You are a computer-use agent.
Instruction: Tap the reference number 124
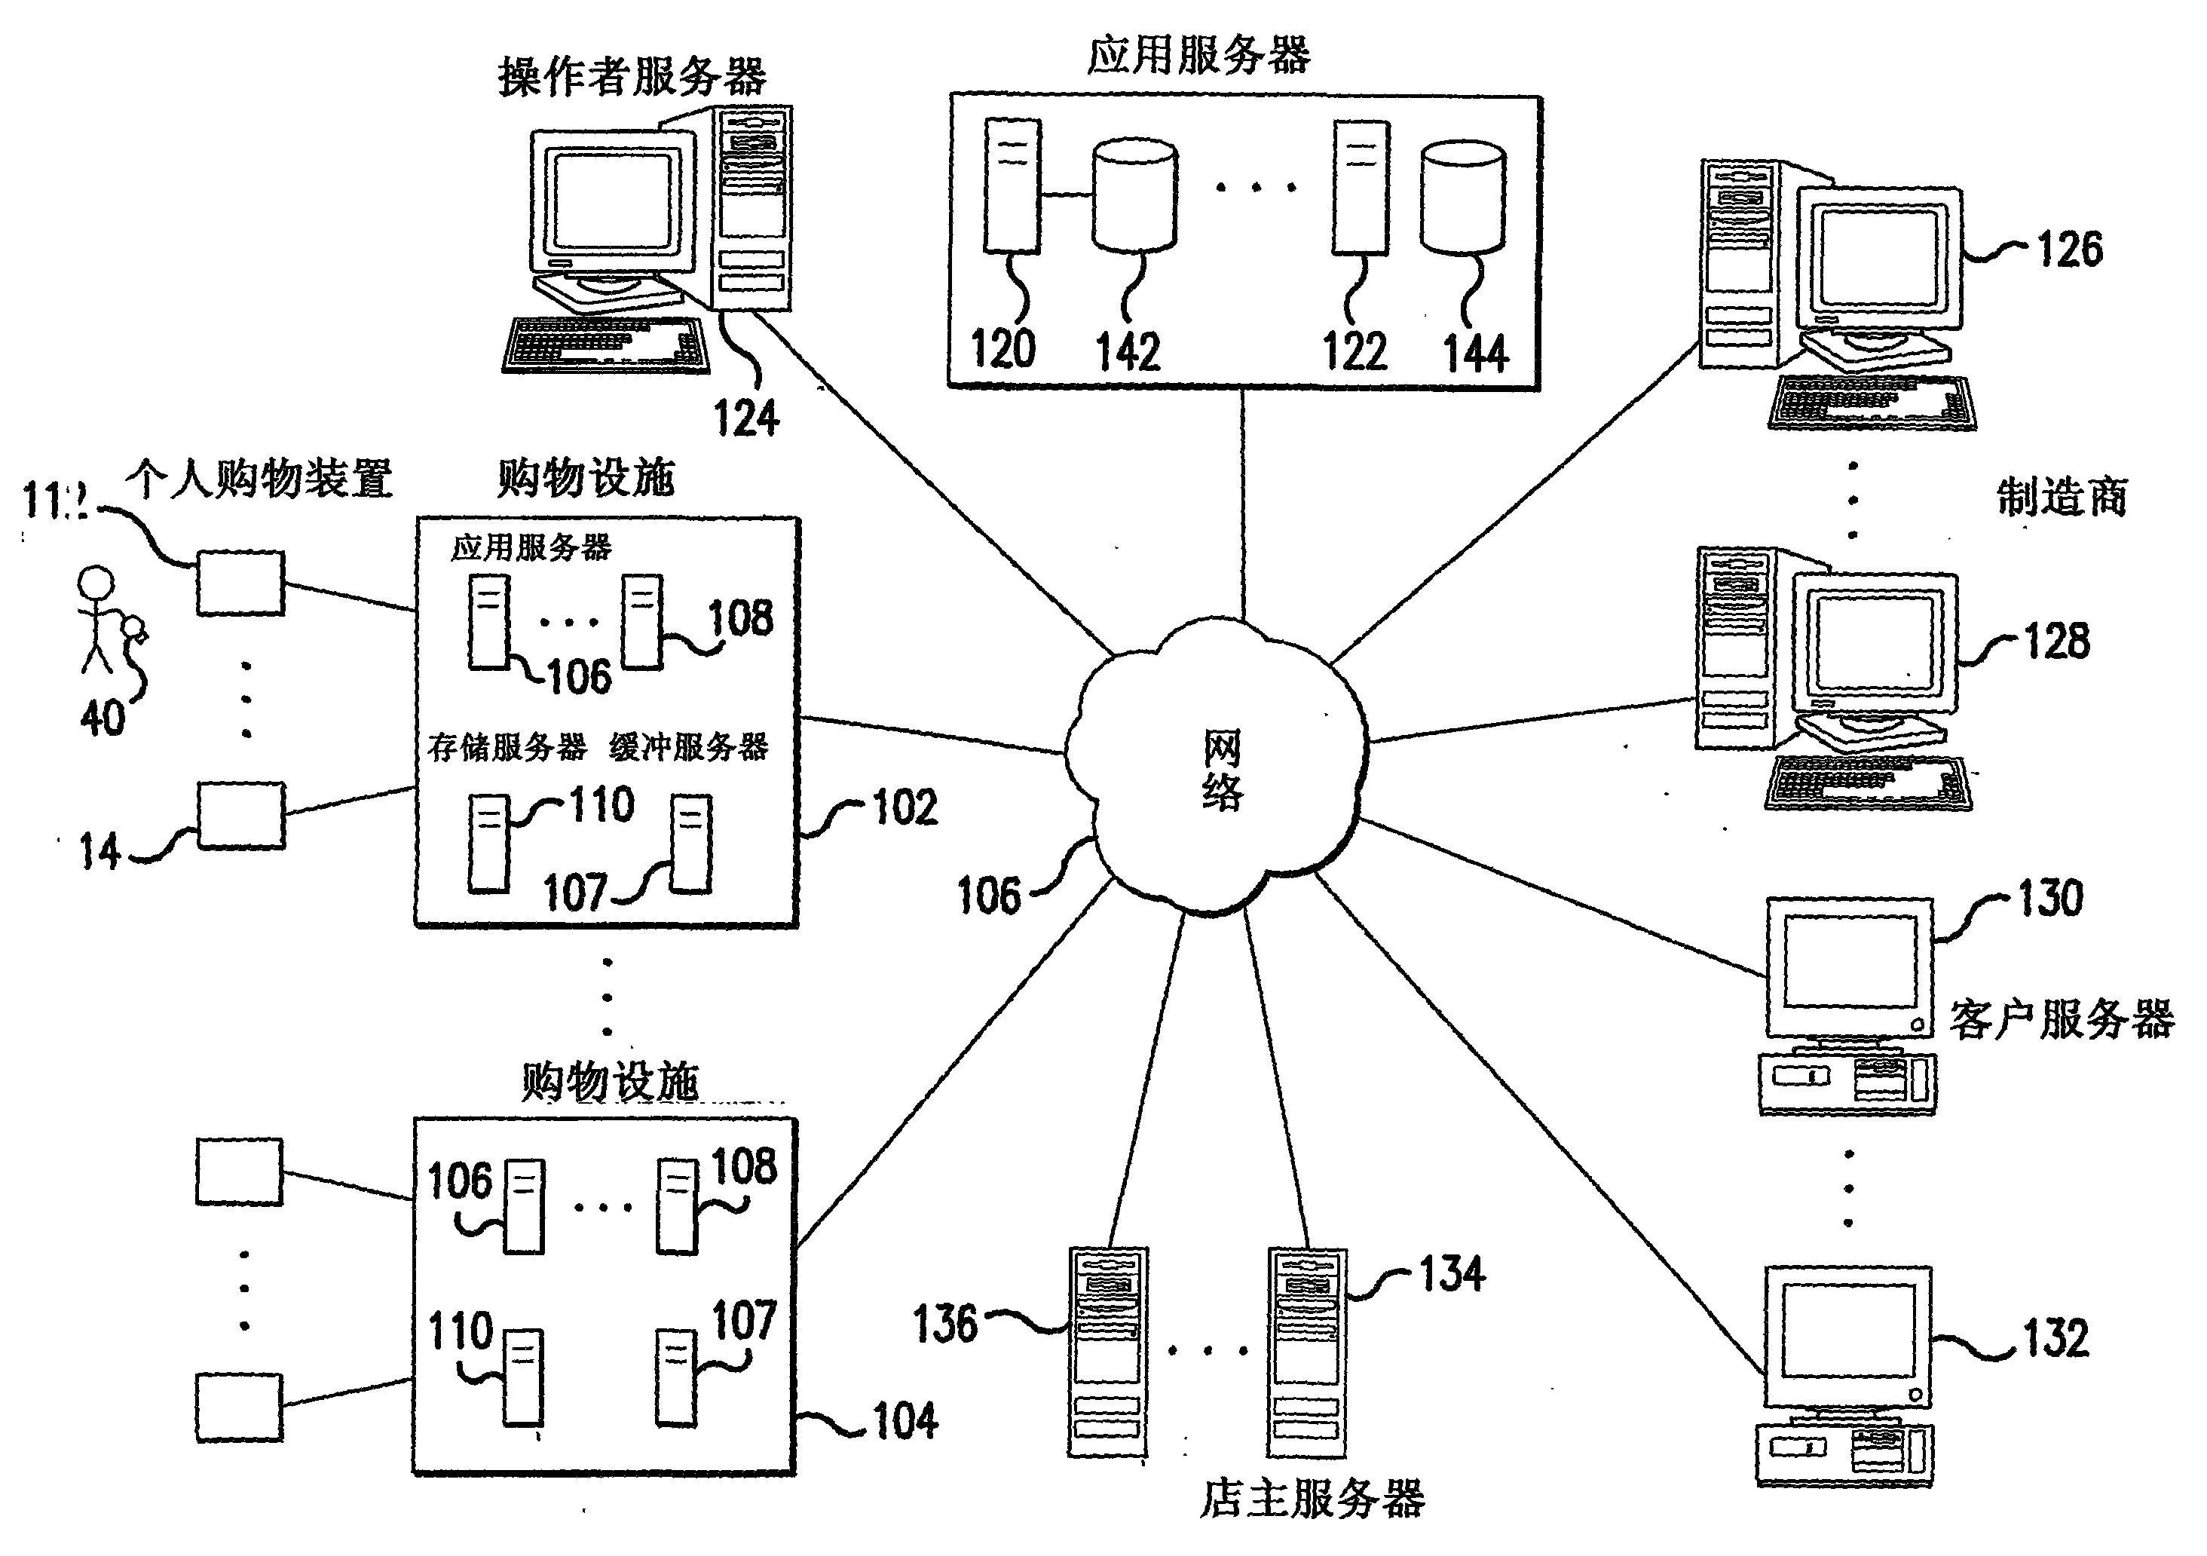point(746,418)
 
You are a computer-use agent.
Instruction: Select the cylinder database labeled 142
point(1134,194)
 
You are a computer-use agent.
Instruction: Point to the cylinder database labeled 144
point(1462,198)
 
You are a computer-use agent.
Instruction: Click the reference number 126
point(2070,249)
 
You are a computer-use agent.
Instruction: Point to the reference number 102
point(905,807)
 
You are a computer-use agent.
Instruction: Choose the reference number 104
point(905,1420)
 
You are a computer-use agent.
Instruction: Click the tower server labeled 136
point(1107,1351)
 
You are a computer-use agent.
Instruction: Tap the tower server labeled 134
point(1306,1351)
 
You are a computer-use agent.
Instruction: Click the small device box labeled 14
point(241,814)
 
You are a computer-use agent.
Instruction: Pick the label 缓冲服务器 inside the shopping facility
point(688,747)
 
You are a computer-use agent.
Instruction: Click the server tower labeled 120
point(1012,186)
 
